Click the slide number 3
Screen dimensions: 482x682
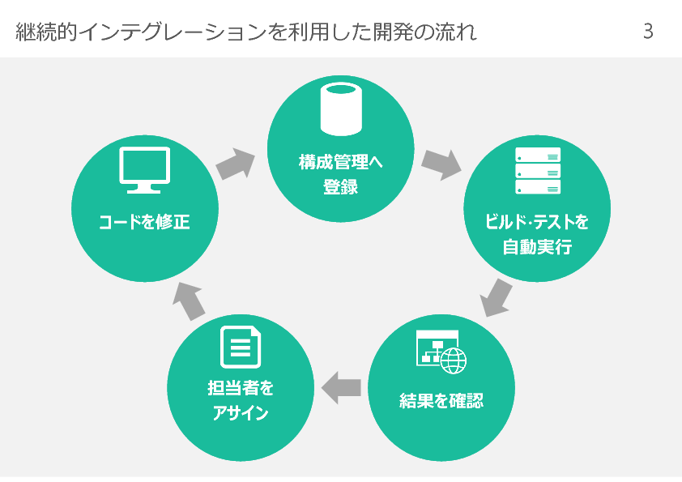pyautogui.click(x=647, y=32)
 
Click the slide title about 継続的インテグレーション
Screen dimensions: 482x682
pyautogui.click(x=245, y=32)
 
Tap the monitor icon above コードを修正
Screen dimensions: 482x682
pyautogui.click(x=144, y=171)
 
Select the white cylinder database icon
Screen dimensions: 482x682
pyautogui.click(x=341, y=109)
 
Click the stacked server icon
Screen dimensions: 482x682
pyautogui.click(x=538, y=171)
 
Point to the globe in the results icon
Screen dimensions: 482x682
pyautogui.click(x=454, y=359)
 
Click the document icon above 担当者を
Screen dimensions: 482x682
pyautogui.click(x=241, y=347)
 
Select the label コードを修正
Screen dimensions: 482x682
pyautogui.click(x=144, y=221)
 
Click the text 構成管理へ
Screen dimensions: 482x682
pyautogui.click(x=341, y=161)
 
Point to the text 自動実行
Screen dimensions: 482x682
pyautogui.click(x=538, y=246)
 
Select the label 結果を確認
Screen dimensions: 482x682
pyautogui.click(x=441, y=400)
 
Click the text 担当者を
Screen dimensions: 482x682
pyautogui.click(x=241, y=388)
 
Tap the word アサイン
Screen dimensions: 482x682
pyautogui.click(x=241, y=413)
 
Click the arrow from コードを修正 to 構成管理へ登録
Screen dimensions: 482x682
pyautogui.click(x=235, y=163)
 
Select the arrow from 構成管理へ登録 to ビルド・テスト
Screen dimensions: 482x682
pyautogui.click(x=441, y=163)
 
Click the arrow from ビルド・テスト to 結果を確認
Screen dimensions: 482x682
pyautogui.click(x=497, y=297)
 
